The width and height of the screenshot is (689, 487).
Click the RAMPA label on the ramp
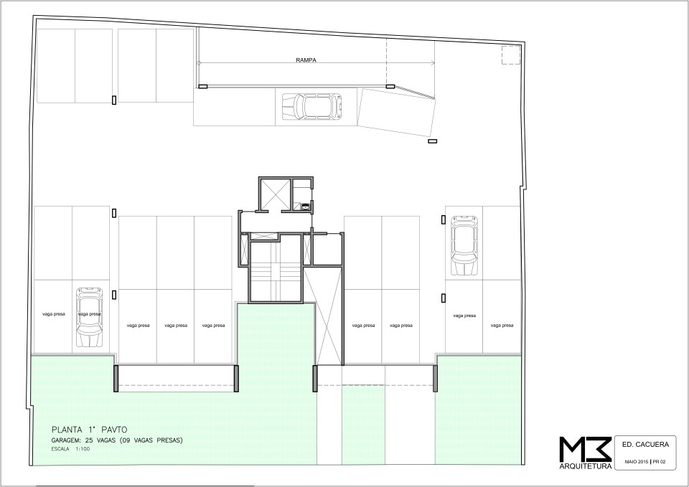(x=306, y=60)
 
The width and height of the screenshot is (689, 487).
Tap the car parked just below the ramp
(x=312, y=106)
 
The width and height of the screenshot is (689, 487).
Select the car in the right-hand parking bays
(x=464, y=245)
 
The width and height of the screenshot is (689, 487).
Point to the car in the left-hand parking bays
(x=90, y=318)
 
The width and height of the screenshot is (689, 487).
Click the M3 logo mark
(x=586, y=449)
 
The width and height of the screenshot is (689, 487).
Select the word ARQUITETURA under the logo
(x=586, y=466)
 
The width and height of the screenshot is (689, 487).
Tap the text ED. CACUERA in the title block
(x=645, y=445)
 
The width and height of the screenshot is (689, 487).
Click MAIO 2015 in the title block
(x=637, y=461)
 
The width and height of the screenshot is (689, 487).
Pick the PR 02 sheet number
(x=659, y=461)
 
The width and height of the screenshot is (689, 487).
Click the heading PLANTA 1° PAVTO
(x=89, y=430)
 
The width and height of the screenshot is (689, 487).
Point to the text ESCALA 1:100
(x=70, y=449)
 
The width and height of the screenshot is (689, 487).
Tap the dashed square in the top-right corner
(x=511, y=55)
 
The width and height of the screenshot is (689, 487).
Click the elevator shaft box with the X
(x=275, y=194)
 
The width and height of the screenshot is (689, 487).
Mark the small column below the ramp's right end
(x=433, y=141)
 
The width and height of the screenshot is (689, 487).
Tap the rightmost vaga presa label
(x=502, y=326)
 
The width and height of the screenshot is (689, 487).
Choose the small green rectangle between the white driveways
(x=363, y=425)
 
